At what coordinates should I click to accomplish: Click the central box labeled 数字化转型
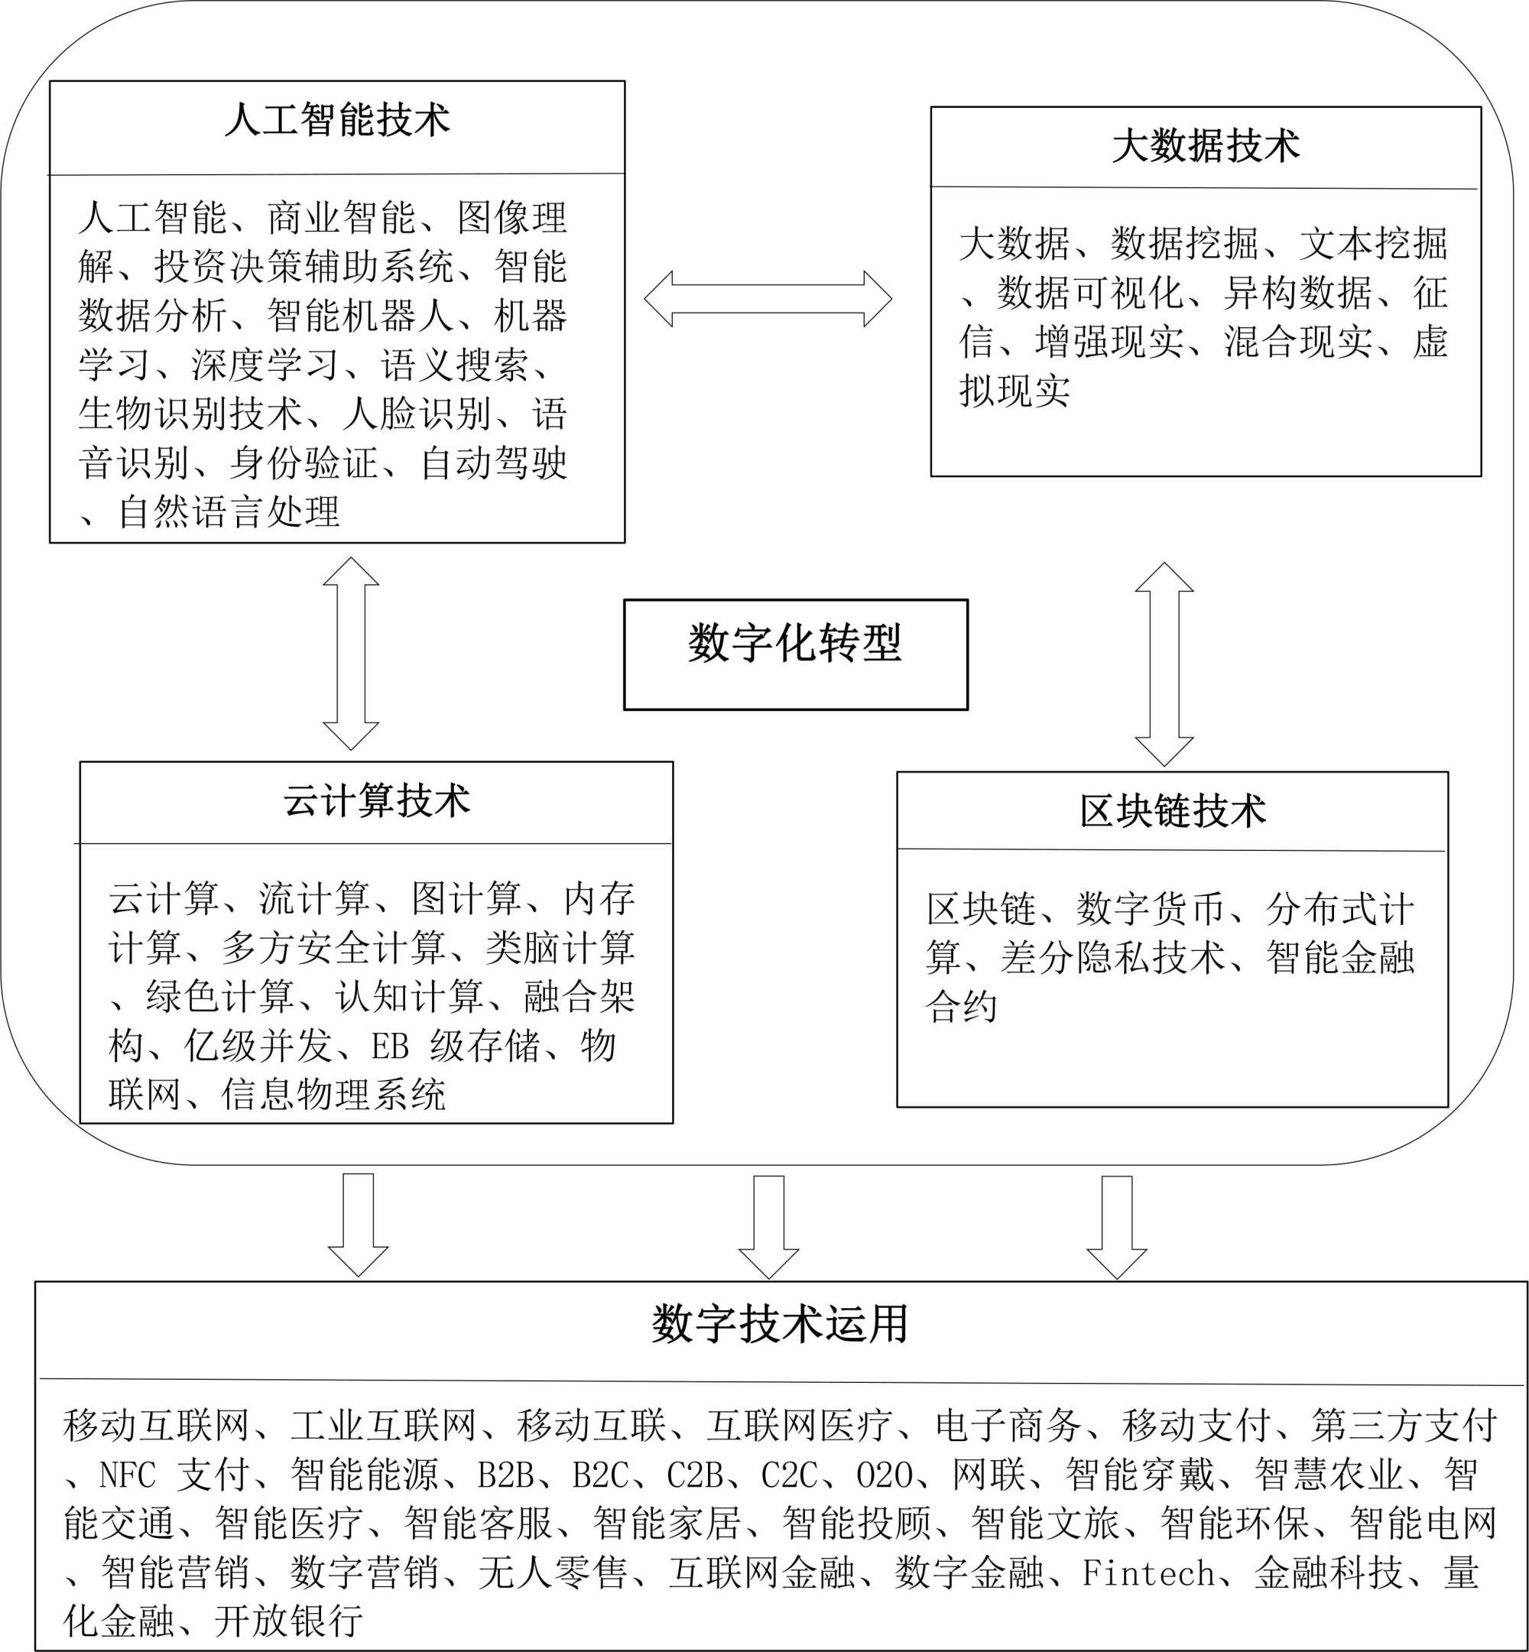click(x=795, y=654)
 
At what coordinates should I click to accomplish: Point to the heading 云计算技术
click(x=376, y=800)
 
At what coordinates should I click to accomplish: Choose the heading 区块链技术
click(x=1173, y=810)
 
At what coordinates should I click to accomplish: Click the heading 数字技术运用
click(x=779, y=1324)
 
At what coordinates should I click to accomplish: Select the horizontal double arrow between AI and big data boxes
click(x=768, y=299)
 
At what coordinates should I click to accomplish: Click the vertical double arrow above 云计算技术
click(x=351, y=654)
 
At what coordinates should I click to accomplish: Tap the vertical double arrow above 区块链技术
click(x=1164, y=664)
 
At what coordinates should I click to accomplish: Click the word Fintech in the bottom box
click(x=1148, y=1573)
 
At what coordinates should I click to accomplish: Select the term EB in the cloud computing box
click(x=390, y=1047)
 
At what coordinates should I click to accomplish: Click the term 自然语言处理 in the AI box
click(x=229, y=512)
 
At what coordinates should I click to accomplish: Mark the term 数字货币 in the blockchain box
click(x=1150, y=909)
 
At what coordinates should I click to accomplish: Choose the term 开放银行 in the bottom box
click(x=289, y=1621)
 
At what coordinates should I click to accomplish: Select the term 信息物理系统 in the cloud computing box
click(x=333, y=1095)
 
